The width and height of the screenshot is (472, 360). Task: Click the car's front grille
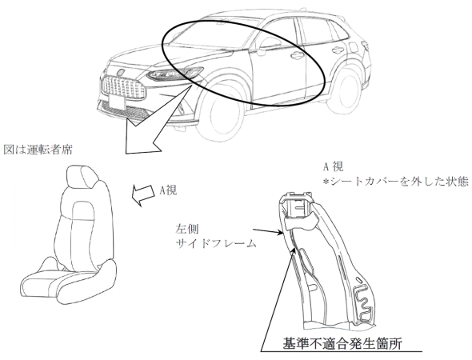pyautogui.click(x=123, y=86)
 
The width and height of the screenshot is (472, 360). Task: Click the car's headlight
pyautogui.click(x=174, y=74)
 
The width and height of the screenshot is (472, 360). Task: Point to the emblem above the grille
pyautogui.click(x=121, y=72)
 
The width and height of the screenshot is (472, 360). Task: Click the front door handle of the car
pyautogui.click(x=297, y=55)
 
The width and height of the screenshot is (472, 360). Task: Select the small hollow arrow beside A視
pyautogui.click(x=144, y=194)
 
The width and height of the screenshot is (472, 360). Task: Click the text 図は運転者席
pyautogui.click(x=38, y=150)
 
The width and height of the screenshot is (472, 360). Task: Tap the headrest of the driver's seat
pyautogui.click(x=82, y=176)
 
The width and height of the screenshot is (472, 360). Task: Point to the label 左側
pyautogui.click(x=186, y=229)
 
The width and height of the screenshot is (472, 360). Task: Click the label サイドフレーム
pyautogui.click(x=216, y=243)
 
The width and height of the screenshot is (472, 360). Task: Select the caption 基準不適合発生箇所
pyautogui.click(x=342, y=343)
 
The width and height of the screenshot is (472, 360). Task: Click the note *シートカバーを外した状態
pyautogui.click(x=395, y=182)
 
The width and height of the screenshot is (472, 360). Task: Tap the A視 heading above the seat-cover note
pyautogui.click(x=333, y=166)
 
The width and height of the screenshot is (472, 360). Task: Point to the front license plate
pyautogui.click(x=117, y=102)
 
